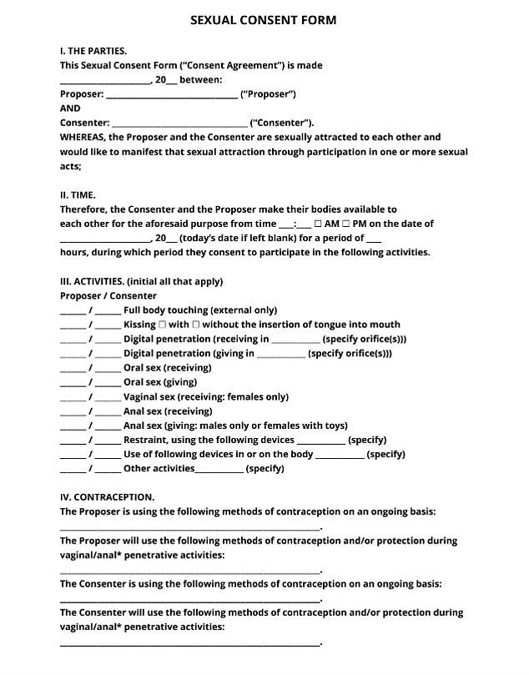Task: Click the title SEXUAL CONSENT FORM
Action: pyautogui.click(x=264, y=19)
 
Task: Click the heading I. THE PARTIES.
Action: pyautogui.click(x=93, y=51)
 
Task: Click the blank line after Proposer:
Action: pyautogui.click(x=172, y=94)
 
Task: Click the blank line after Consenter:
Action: pyautogui.click(x=179, y=123)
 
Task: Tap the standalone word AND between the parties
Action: pyautogui.click(x=70, y=108)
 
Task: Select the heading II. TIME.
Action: pyautogui.click(x=78, y=195)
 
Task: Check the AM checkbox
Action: pyautogui.click(x=319, y=224)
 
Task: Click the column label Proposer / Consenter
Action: pyautogui.click(x=108, y=295)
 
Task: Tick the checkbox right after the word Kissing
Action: pyautogui.click(x=162, y=325)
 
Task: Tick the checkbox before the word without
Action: pyautogui.click(x=195, y=325)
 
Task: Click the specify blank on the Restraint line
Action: pyautogui.click(x=321, y=441)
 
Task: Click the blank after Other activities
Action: pyautogui.click(x=219, y=470)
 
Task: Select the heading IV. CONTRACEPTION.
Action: pyautogui.click(x=107, y=497)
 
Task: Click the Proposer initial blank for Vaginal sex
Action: pyautogui.click(x=73, y=397)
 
